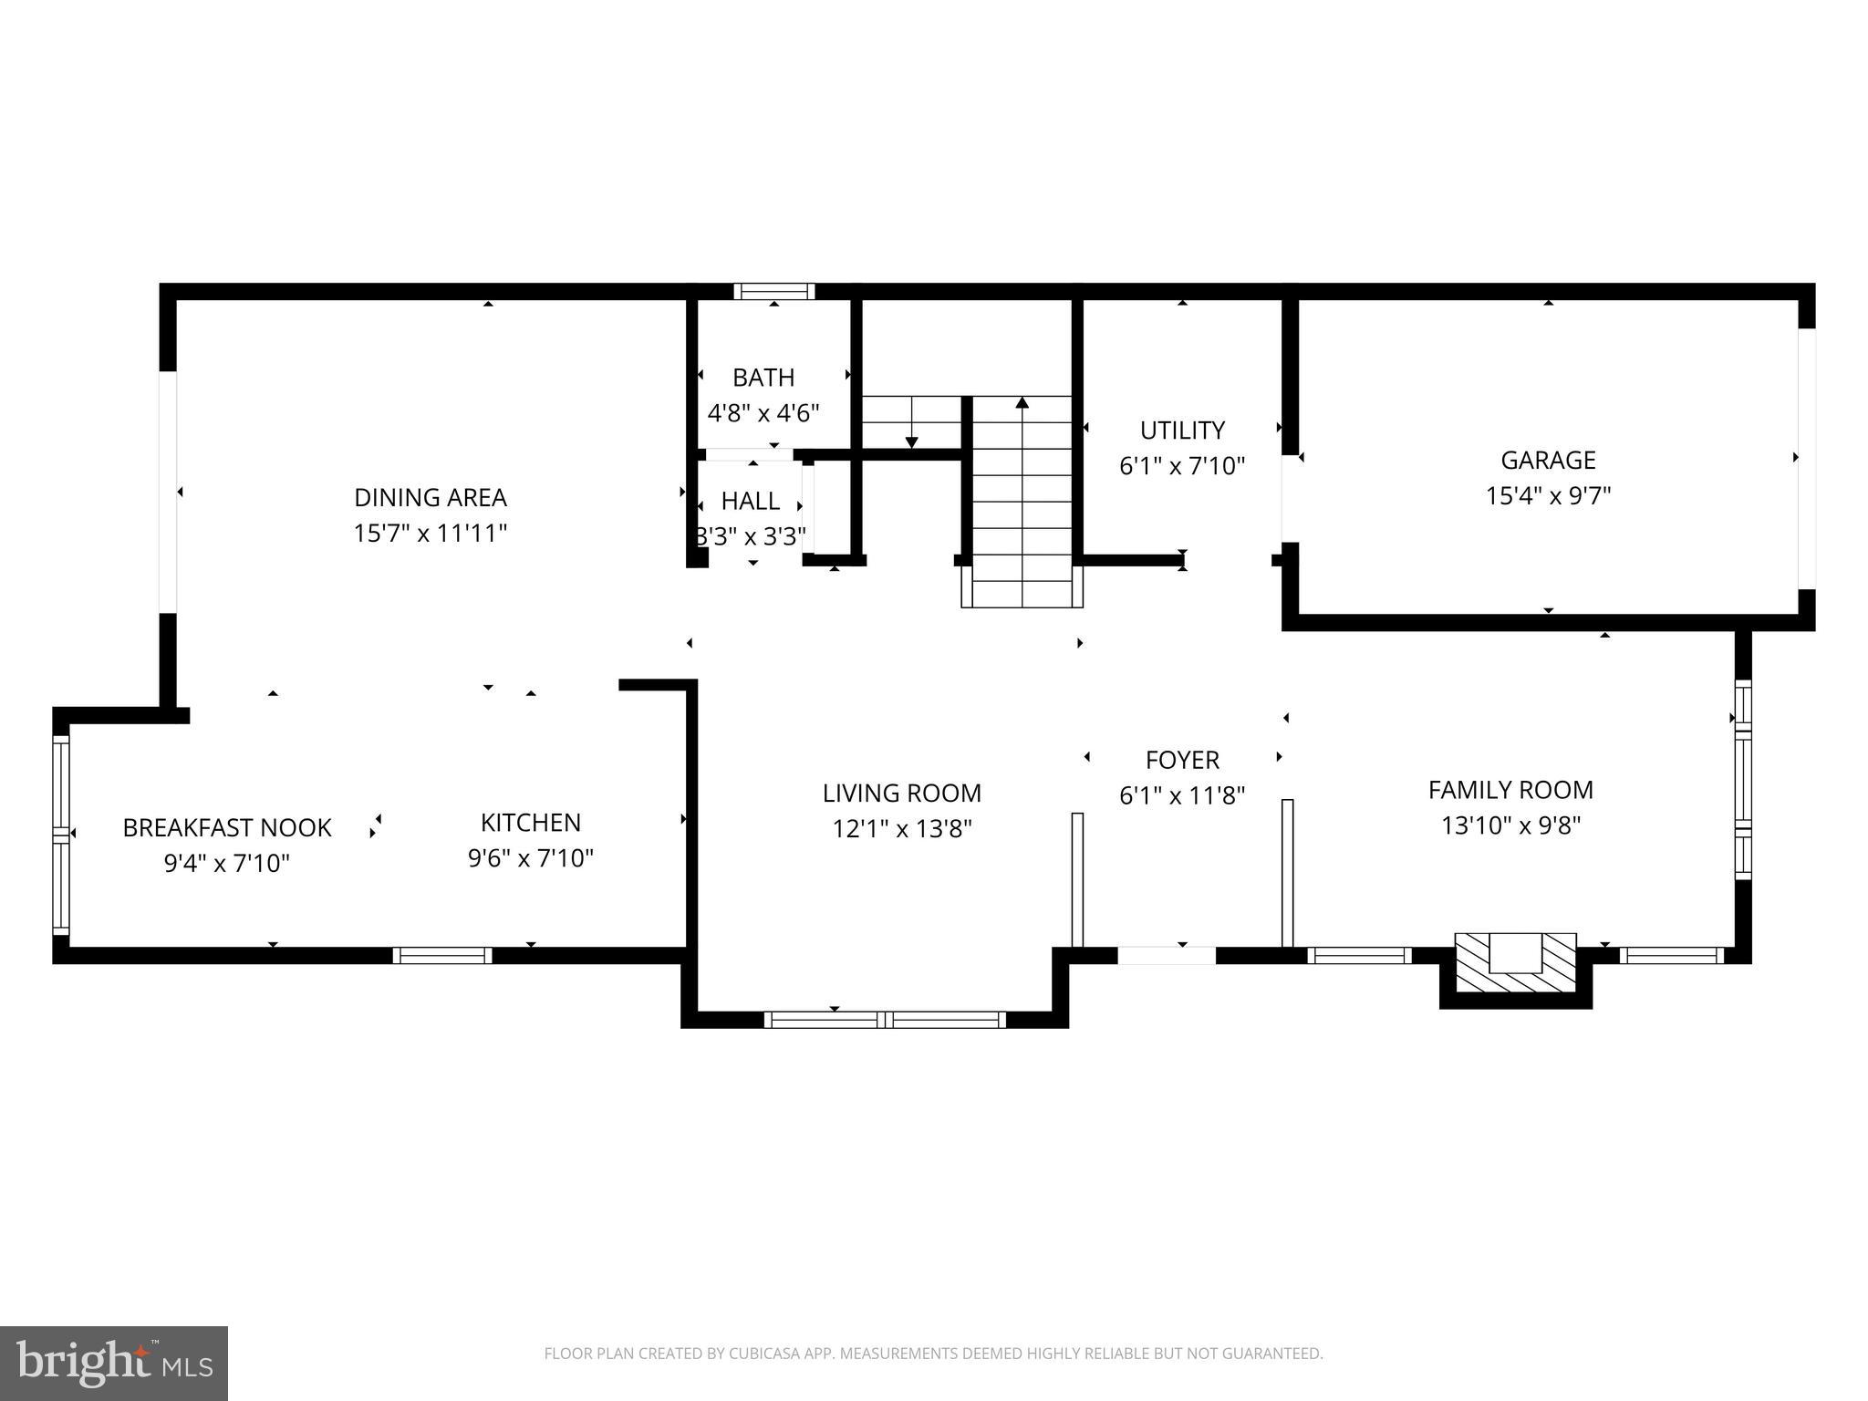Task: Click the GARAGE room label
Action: pyautogui.click(x=1548, y=460)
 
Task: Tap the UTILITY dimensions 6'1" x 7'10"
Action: pyautogui.click(x=1182, y=466)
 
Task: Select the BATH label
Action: pyautogui.click(x=763, y=378)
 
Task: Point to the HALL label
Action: pyautogui.click(x=750, y=501)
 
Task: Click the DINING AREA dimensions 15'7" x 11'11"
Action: pyautogui.click(x=430, y=533)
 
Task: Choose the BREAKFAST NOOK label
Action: pyautogui.click(x=227, y=827)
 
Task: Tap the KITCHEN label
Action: pyautogui.click(x=531, y=823)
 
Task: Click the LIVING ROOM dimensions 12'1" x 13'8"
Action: pyautogui.click(x=902, y=829)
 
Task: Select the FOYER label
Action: pyautogui.click(x=1182, y=760)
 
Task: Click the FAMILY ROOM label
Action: pyautogui.click(x=1510, y=790)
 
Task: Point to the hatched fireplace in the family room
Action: pyautogui.click(x=1515, y=964)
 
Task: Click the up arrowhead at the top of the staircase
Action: pyautogui.click(x=1022, y=402)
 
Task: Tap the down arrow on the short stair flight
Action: pyautogui.click(x=911, y=441)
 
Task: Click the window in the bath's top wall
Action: pyautogui.click(x=774, y=292)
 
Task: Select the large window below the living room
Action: pyautogui.click(x=884, y=1020)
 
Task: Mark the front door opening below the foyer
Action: pyautogui.click(x=1167, y=956)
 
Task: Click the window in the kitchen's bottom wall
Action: pyautogui.click(x=442, y=956)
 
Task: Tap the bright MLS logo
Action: pyautogui.click(x=114, y=1364)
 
